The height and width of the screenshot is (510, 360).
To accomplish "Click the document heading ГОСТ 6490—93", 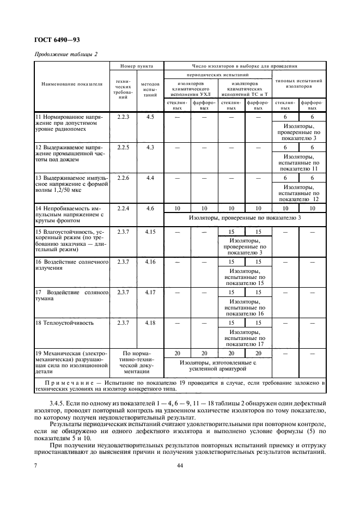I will [x=57, y=40].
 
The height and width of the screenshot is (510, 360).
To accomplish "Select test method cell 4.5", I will [x=150, y=117].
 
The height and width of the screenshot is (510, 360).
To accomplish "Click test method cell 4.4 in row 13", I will [x=150, y=178].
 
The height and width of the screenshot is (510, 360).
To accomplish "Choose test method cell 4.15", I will [x=150, y=232].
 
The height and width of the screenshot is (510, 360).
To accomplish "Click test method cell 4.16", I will [x=150, y=262].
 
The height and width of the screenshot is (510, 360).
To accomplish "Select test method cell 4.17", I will [x=150, y=293].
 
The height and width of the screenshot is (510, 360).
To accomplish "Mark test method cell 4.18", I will [x=150, y=323].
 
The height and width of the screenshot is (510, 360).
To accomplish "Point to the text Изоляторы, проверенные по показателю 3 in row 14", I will [x=245, y=218].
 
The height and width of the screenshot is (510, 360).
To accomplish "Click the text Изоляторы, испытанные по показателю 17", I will [x=245, y=338].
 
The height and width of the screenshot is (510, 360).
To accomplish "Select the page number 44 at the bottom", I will [x=180, y=465].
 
